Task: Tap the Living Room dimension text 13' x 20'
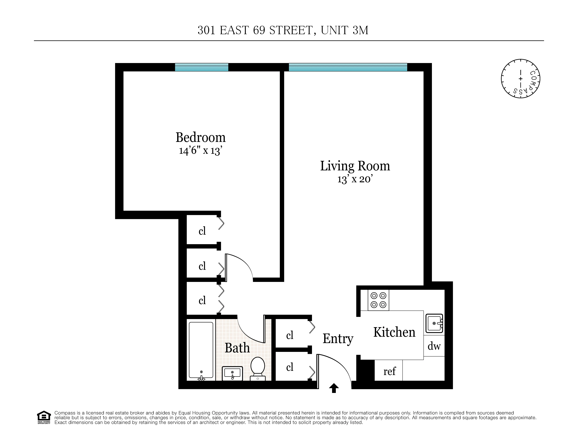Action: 355,179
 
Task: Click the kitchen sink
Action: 434,323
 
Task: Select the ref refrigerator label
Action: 389,371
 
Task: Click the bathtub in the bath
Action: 201,350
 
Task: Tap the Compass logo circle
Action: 520,79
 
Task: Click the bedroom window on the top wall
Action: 201,67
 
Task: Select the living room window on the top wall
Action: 348,67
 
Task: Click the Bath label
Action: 237,348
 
